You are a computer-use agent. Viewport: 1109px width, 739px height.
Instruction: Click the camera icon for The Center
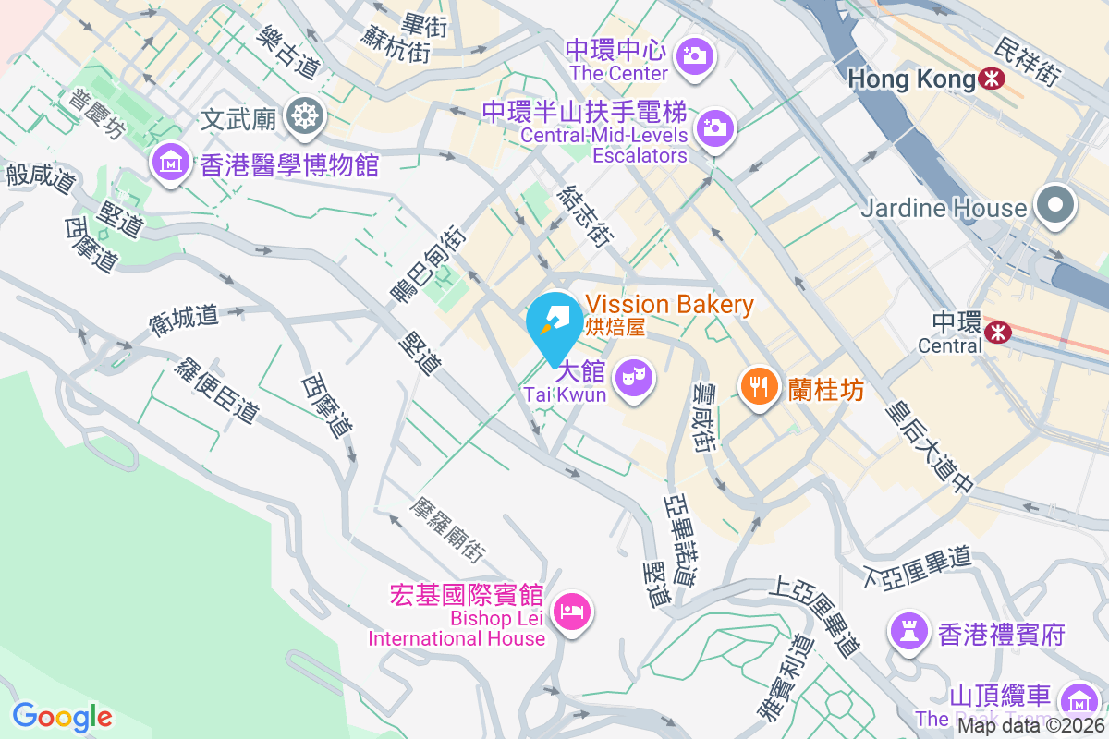click(x=693, y=56)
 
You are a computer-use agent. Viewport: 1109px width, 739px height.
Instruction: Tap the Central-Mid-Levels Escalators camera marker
click(x=714, y=128)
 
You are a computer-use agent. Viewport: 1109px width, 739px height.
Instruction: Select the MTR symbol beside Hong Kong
click(x=993, y=79)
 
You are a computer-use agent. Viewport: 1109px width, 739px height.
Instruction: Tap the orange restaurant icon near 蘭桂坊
click(x=761, y=386)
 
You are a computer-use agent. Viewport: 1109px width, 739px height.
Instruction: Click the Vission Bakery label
click(x=669, y=305)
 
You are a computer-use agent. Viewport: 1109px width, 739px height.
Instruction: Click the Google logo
click(x=62, y=716)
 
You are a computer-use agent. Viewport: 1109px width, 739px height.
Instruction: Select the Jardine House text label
click(x=944, y=208)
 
